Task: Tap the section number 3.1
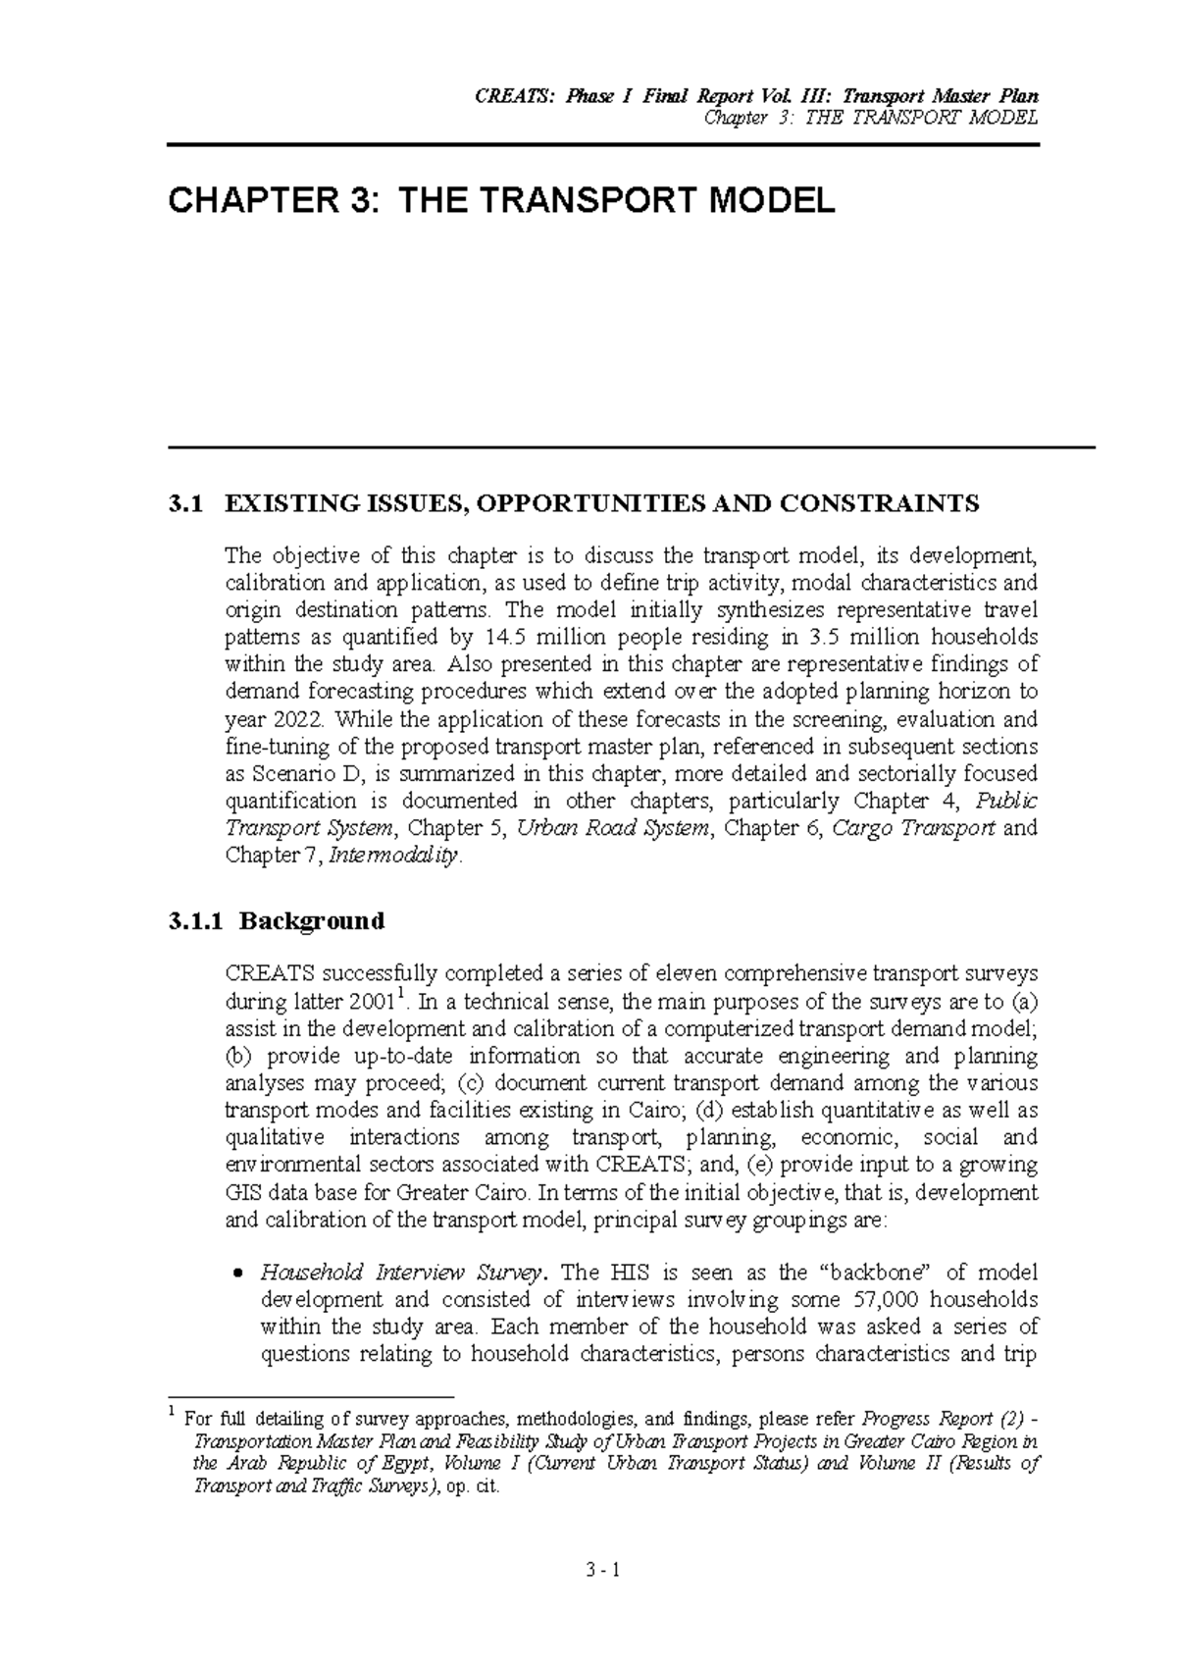coord(184,504)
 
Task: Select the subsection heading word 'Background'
coord(312,921)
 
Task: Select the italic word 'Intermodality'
coord(393,856)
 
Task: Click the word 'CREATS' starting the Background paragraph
coord(269,974)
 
